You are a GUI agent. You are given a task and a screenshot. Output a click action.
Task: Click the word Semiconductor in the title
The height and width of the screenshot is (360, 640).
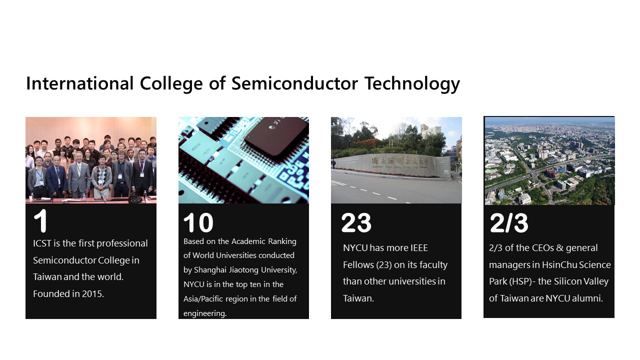[294, 83]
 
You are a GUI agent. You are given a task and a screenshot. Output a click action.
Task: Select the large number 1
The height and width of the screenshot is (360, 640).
[40, 220]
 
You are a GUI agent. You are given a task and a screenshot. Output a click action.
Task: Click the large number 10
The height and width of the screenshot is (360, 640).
[198, 222]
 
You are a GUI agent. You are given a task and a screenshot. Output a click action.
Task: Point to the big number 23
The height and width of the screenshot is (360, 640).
[356, 222]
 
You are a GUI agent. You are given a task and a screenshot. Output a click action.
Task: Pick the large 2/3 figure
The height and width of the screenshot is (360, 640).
[509, 223]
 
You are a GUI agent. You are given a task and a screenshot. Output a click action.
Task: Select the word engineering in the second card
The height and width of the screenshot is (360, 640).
[205, 313]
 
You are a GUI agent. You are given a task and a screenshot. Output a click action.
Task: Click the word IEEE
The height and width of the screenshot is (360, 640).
[419, 247]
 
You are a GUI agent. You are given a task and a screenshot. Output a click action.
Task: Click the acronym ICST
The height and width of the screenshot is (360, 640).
[42, 243]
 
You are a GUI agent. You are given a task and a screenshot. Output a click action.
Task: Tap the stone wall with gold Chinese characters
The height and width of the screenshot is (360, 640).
[393, 165]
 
